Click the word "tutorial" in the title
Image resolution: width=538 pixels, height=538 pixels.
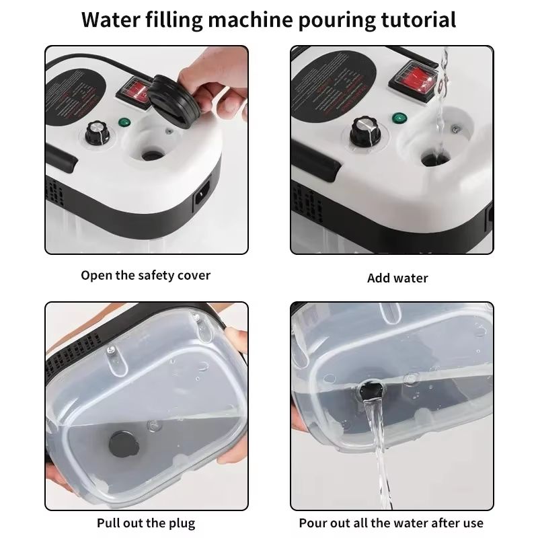pyautogui.click(x=413, y=19)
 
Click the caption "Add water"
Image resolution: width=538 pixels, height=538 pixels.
pyautogui.click(x=397, y=278)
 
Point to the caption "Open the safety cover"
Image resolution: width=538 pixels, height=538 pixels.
pyautogui.click(x=146, y=275)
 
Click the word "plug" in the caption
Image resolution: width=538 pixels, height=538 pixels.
pyautogui.click(x=182, y=523)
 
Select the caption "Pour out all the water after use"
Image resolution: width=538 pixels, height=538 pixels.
pyautogui.click(x=391, y=523)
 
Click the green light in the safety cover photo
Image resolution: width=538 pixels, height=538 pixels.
pyautogui.click(x=124, y=123)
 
